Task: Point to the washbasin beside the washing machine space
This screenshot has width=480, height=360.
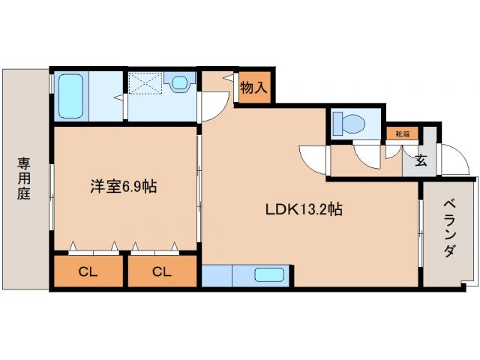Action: (x=180, y=82)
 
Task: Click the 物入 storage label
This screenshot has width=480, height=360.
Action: (x=253, y=86)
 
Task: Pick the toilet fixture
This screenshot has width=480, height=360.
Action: (x=349, y=122)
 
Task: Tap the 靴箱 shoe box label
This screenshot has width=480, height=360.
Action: (x=403, y=134)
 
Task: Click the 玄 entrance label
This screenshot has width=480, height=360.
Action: (x=421, y=159)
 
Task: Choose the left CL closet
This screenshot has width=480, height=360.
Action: (x=88, y=272)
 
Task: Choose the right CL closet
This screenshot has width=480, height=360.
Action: (x=162, y=272)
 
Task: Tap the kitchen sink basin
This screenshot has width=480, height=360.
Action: (x=268, y=275)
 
